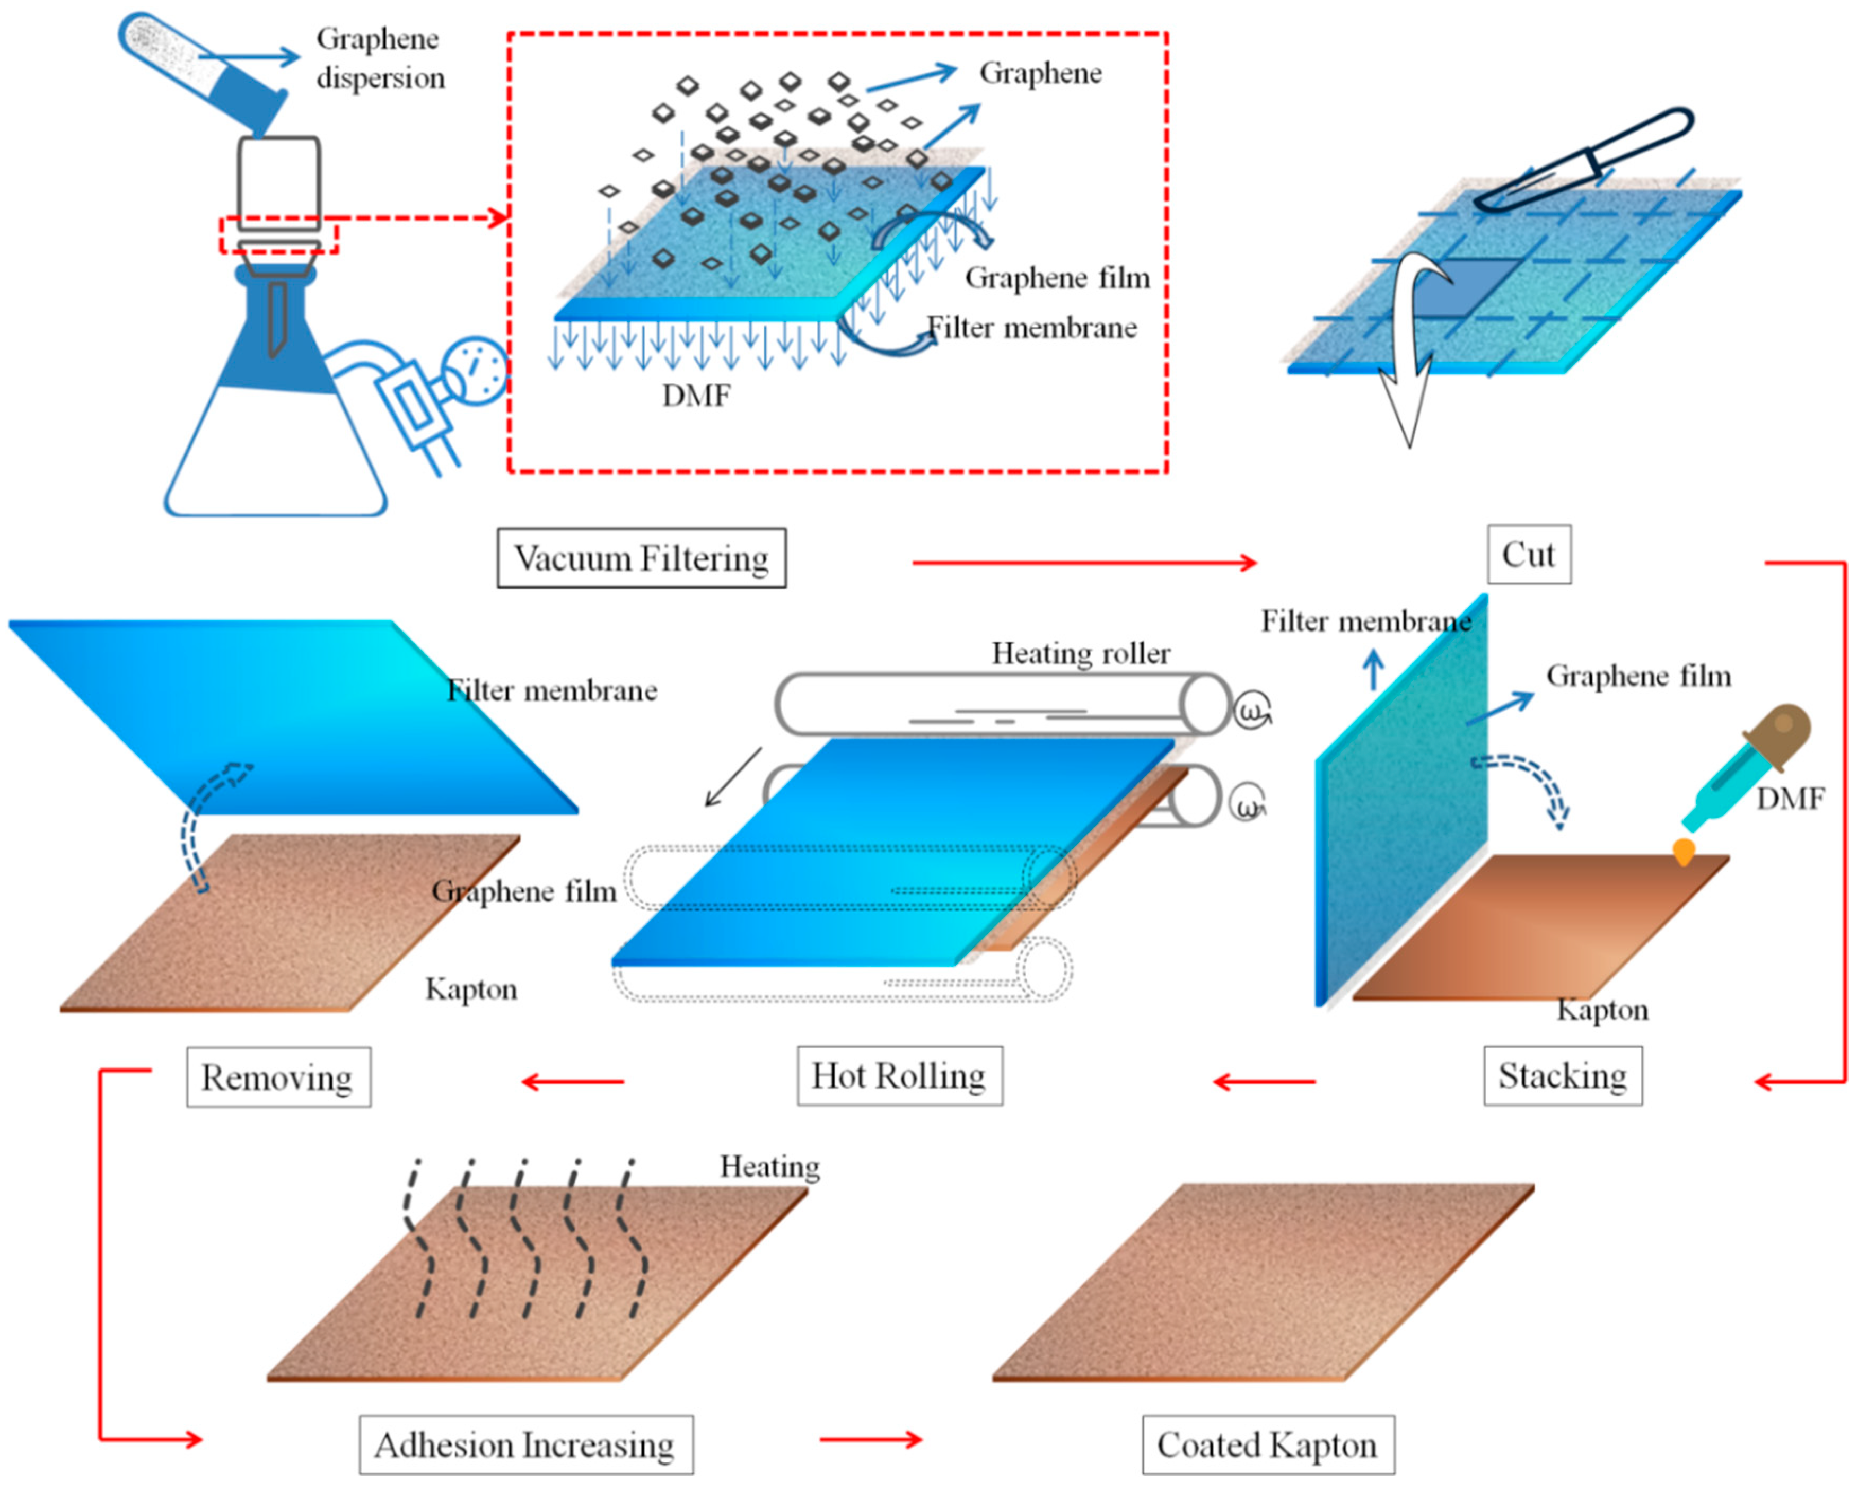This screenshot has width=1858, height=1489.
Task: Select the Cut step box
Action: click(1528, 554)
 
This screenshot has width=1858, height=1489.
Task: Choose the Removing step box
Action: click(277, 1077)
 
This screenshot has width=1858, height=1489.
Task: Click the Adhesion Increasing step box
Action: click(525, 1445)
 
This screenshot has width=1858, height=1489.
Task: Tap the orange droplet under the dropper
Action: click(1683, 852)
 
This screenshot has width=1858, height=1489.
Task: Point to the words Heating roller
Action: click(1081, 653)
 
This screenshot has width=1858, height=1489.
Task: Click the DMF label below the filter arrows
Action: click(696, 396)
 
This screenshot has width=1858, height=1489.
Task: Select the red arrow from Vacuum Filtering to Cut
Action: click(1084, 563)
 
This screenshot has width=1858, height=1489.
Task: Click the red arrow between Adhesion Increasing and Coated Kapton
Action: click(870, 1439)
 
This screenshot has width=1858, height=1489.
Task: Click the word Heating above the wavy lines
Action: click(769, 1166)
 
